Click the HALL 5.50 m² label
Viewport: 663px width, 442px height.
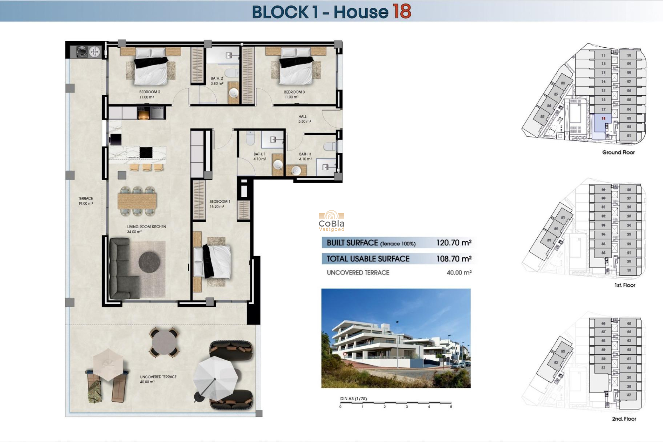click(304, 119)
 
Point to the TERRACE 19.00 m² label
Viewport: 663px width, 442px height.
click(86, 201)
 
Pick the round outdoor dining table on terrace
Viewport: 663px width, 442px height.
click(164, 342)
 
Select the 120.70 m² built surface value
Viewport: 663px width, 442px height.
click(454, 243)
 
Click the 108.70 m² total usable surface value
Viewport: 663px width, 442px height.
click(454, 259)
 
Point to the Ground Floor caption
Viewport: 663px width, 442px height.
click(618, 152)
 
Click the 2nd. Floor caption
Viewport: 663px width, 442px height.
click(624, 419)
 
